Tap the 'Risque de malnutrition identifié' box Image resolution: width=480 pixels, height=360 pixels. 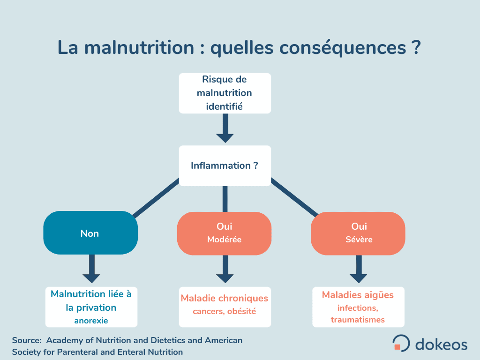coord(225,93)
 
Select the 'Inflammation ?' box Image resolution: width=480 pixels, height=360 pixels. coord(225,165)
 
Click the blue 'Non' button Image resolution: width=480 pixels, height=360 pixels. coord(90,232)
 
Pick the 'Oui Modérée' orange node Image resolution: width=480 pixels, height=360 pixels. coord(224,233)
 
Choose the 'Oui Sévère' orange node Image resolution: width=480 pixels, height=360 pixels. coord(358,233)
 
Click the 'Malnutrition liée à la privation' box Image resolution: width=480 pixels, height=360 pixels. coord(91,307)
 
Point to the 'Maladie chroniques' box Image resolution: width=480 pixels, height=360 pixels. coord(225,307)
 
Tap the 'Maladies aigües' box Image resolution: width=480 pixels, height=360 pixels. coord(358,307)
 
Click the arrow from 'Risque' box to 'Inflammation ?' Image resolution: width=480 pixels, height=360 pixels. coord(225,128)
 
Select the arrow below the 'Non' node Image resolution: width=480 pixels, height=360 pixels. coord(91,269)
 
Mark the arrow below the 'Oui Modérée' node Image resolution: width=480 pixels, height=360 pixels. coord(225,269)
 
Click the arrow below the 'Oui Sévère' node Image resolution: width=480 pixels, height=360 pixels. coord(359,269)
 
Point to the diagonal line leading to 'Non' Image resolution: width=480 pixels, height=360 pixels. coord(156,198)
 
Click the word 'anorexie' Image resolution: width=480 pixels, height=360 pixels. coord(91,321)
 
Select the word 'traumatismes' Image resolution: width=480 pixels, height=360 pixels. coord(358,320)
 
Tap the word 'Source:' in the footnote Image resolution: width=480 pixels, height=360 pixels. coord(27,340)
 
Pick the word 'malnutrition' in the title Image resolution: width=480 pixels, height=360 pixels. coord(139,48)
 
